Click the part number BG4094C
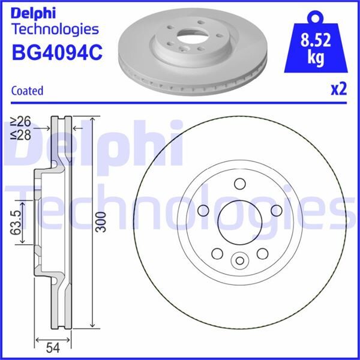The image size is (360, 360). (58, 53)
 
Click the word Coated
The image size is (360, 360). (28, 91)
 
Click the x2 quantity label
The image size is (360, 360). (339, 90)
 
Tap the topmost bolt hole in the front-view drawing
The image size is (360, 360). (239, 184)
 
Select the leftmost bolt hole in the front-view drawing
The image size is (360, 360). (202, 210)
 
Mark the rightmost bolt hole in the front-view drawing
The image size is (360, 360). (277, 210)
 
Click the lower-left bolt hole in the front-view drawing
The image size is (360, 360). (217, 253)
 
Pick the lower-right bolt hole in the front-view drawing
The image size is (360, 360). (262, 253)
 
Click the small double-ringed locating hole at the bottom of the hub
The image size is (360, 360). (239, 260)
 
